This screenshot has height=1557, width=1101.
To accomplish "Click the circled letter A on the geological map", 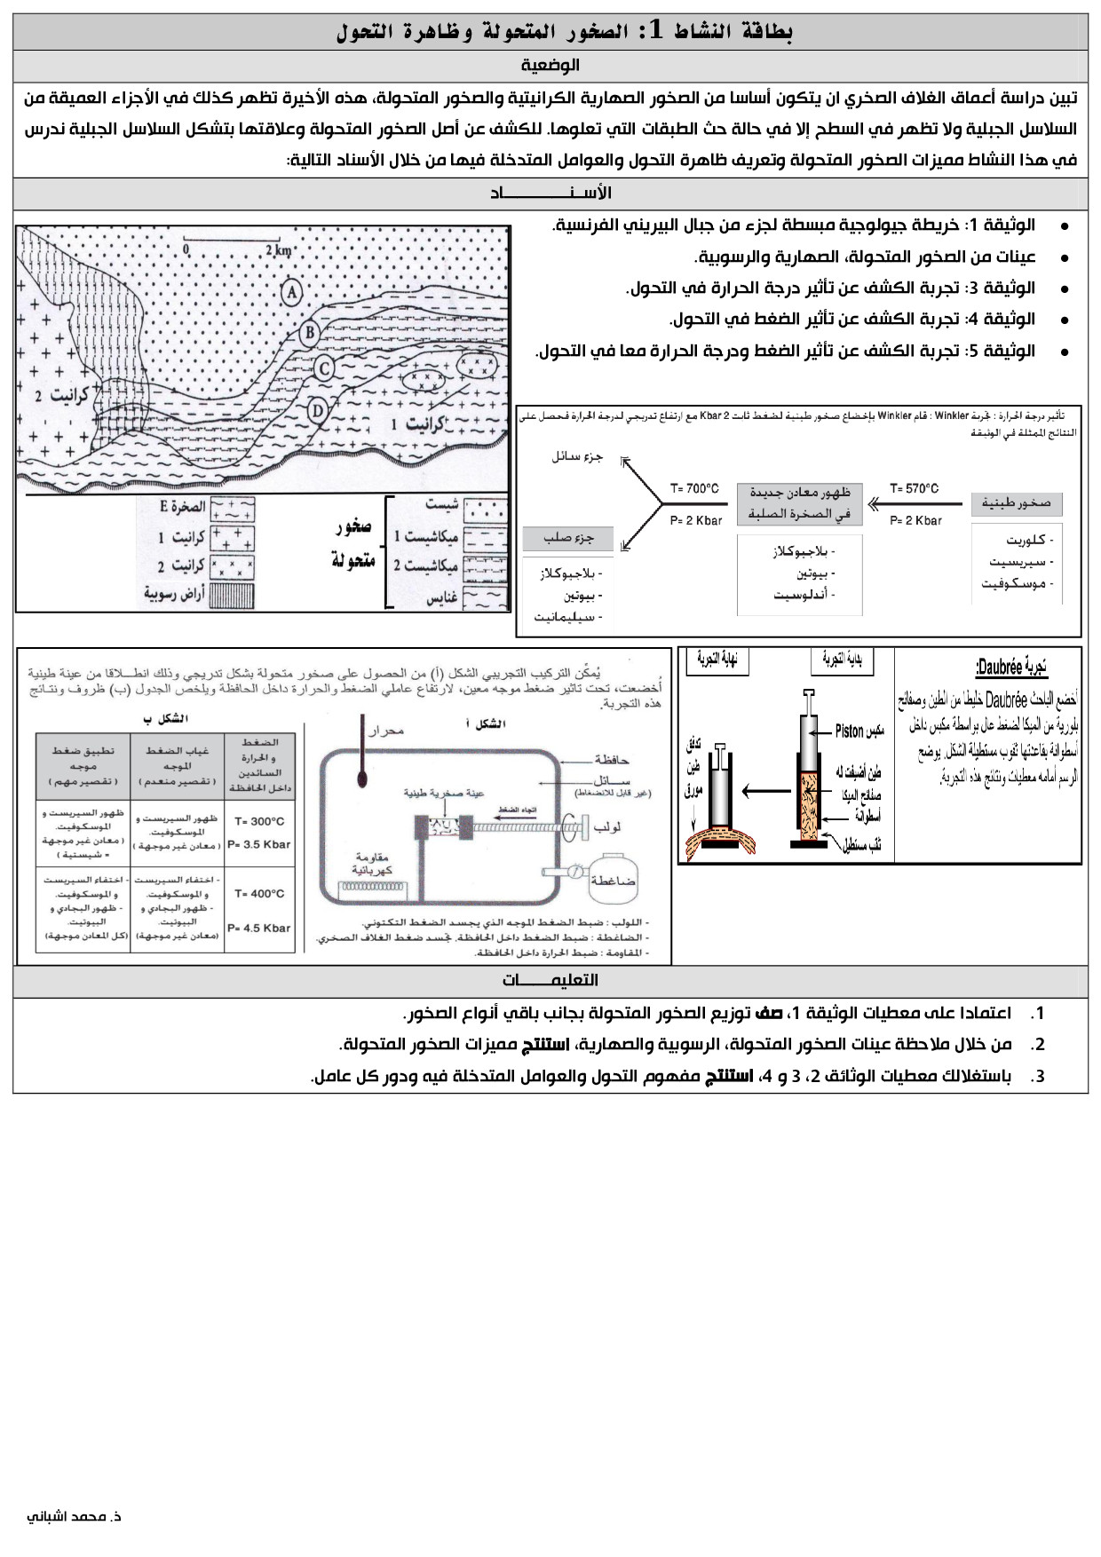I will click(x=291, y=291).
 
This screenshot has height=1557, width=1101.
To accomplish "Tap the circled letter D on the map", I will click(x=318, y=410).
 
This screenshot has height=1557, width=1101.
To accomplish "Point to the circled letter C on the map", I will click(x=325, y=368).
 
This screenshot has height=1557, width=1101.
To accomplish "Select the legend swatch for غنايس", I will click(x=485, y=597).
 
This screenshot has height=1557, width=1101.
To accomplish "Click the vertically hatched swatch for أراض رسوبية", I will click(x=232, y=594).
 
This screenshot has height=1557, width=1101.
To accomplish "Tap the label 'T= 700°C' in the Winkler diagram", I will click(x=693, y=488).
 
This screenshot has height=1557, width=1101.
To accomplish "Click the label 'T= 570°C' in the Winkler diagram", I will click(x=914, y=488).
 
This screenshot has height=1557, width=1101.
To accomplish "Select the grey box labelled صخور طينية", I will click(x=1016, y=503).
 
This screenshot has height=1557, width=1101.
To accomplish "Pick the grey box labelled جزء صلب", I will click(x=568, y=538).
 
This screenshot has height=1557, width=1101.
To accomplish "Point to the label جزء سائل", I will click(x=577, y=456).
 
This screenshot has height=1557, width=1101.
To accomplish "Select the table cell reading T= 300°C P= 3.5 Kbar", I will click(x=259, y=833).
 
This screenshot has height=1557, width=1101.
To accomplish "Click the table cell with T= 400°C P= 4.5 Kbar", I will click(x=259, y=911).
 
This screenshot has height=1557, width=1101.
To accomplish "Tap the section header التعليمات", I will click(x=550, y=980).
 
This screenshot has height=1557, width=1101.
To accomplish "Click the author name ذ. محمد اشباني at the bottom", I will click(x=75, y=1516).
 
